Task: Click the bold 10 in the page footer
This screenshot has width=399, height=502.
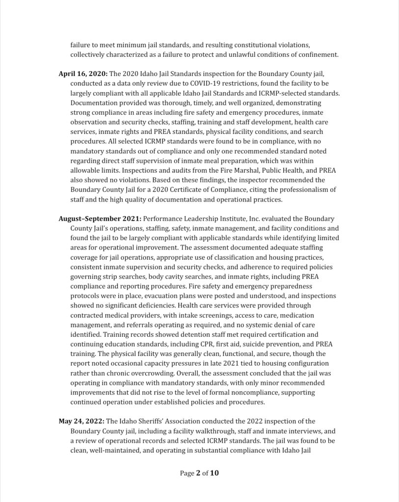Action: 214,473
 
